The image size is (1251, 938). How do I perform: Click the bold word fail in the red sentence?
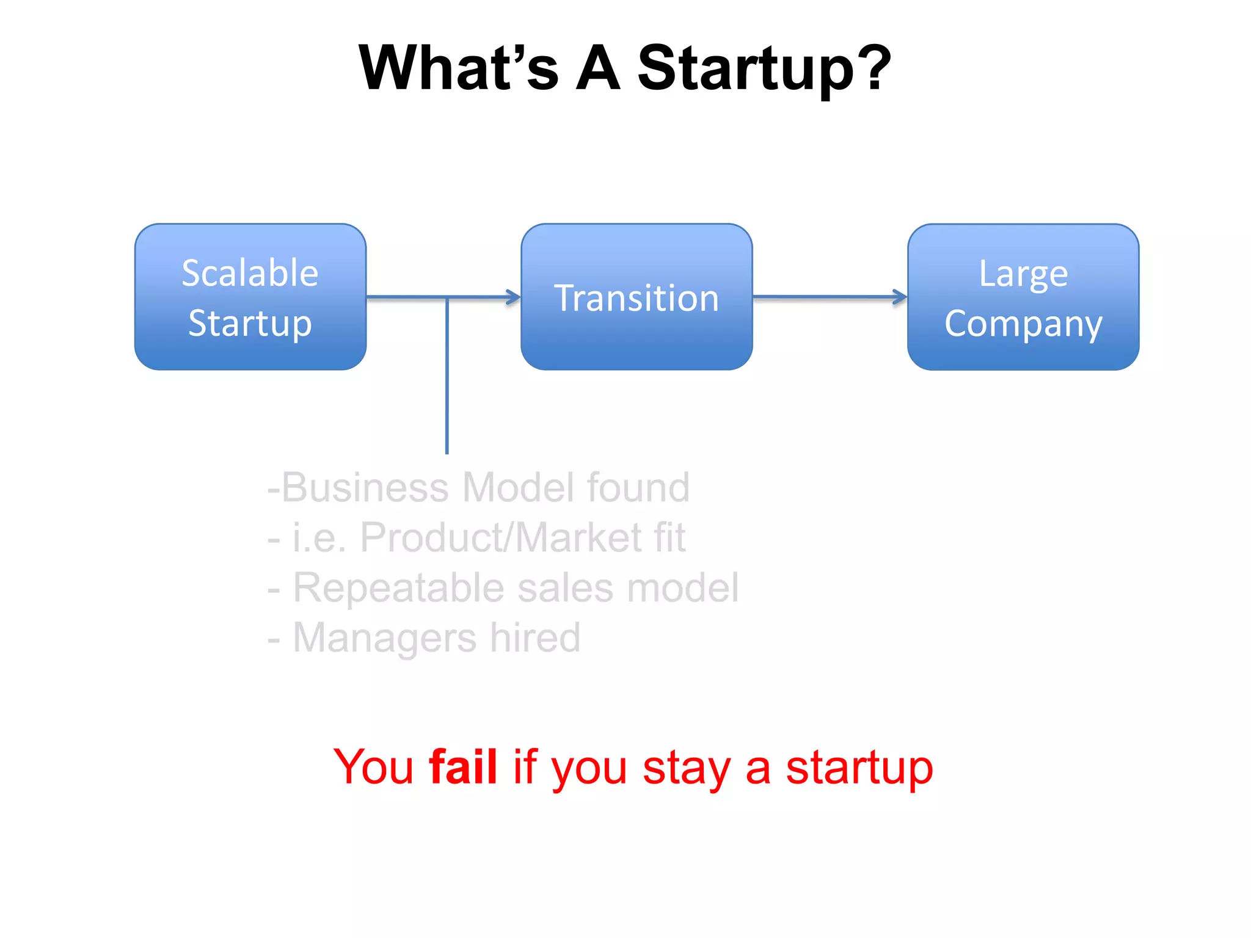coord(463,766)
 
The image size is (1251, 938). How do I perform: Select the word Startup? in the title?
coord(764,68)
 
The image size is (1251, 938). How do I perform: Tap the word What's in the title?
coord(458,68)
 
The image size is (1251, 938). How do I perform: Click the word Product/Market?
coord(501,537)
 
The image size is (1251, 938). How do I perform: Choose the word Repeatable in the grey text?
coord(398,587)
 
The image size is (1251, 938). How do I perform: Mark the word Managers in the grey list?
coord(385,638)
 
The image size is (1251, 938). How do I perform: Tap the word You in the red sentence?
coord(374,766)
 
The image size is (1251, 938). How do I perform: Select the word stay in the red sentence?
coord(687,768)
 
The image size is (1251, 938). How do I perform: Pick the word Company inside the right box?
coord(1023,324)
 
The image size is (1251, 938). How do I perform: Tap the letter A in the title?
coord(598,68)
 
